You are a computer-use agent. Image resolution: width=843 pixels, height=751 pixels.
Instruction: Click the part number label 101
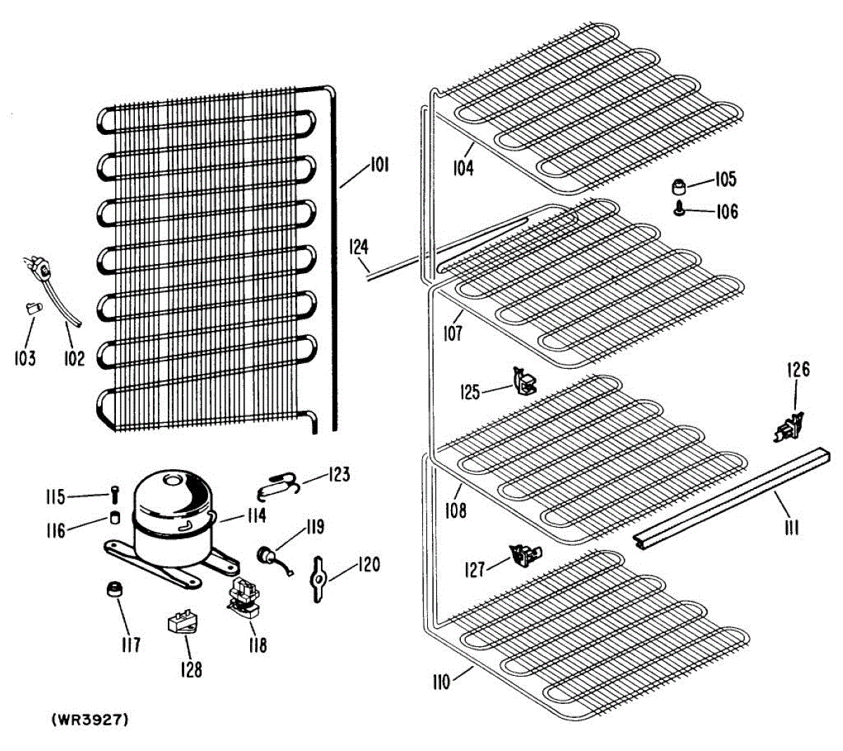[379, 166]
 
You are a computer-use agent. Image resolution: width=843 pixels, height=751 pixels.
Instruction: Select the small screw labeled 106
[679, 208]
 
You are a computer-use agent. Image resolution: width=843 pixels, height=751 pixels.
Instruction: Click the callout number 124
[359, 247]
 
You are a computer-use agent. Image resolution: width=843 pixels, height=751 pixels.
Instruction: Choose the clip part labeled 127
[525, 556]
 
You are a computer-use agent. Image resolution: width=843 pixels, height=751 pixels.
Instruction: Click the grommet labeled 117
[114, 589]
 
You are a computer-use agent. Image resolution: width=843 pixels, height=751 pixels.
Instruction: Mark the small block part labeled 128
[181, 622]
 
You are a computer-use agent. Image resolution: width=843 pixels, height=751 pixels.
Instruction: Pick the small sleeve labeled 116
[114, 519]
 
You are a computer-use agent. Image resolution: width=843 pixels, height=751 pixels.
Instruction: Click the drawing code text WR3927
[89, 719]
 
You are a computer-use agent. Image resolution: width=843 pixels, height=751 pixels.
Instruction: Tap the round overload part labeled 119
[268, 555]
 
